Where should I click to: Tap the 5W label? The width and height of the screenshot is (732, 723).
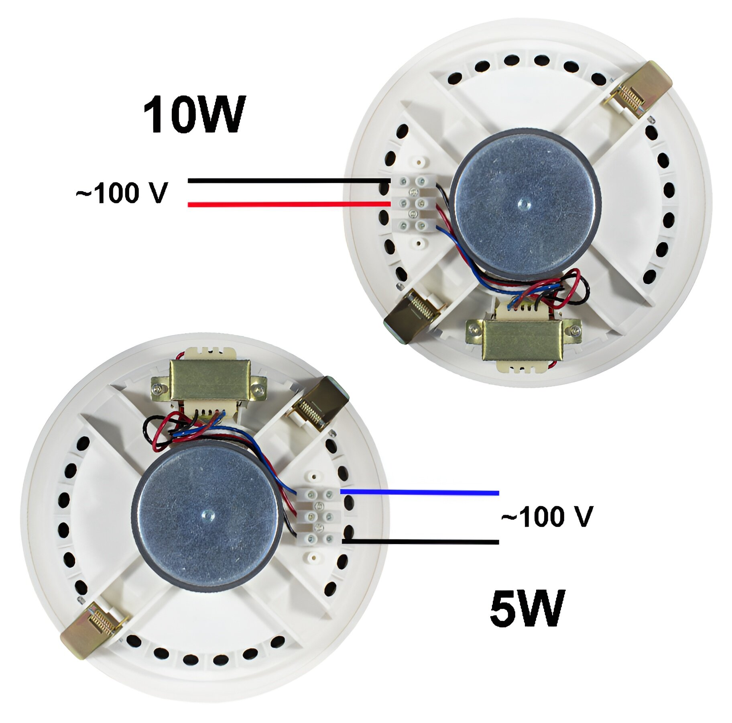[527, 608]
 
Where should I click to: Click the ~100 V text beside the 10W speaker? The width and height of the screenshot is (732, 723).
[122, 193]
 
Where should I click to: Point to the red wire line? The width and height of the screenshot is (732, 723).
[289, 204]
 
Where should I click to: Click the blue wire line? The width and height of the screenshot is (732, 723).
[419, 492]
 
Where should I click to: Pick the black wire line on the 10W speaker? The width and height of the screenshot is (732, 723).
[289, 181]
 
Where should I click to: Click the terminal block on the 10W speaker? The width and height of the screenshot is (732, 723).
[413, 204]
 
